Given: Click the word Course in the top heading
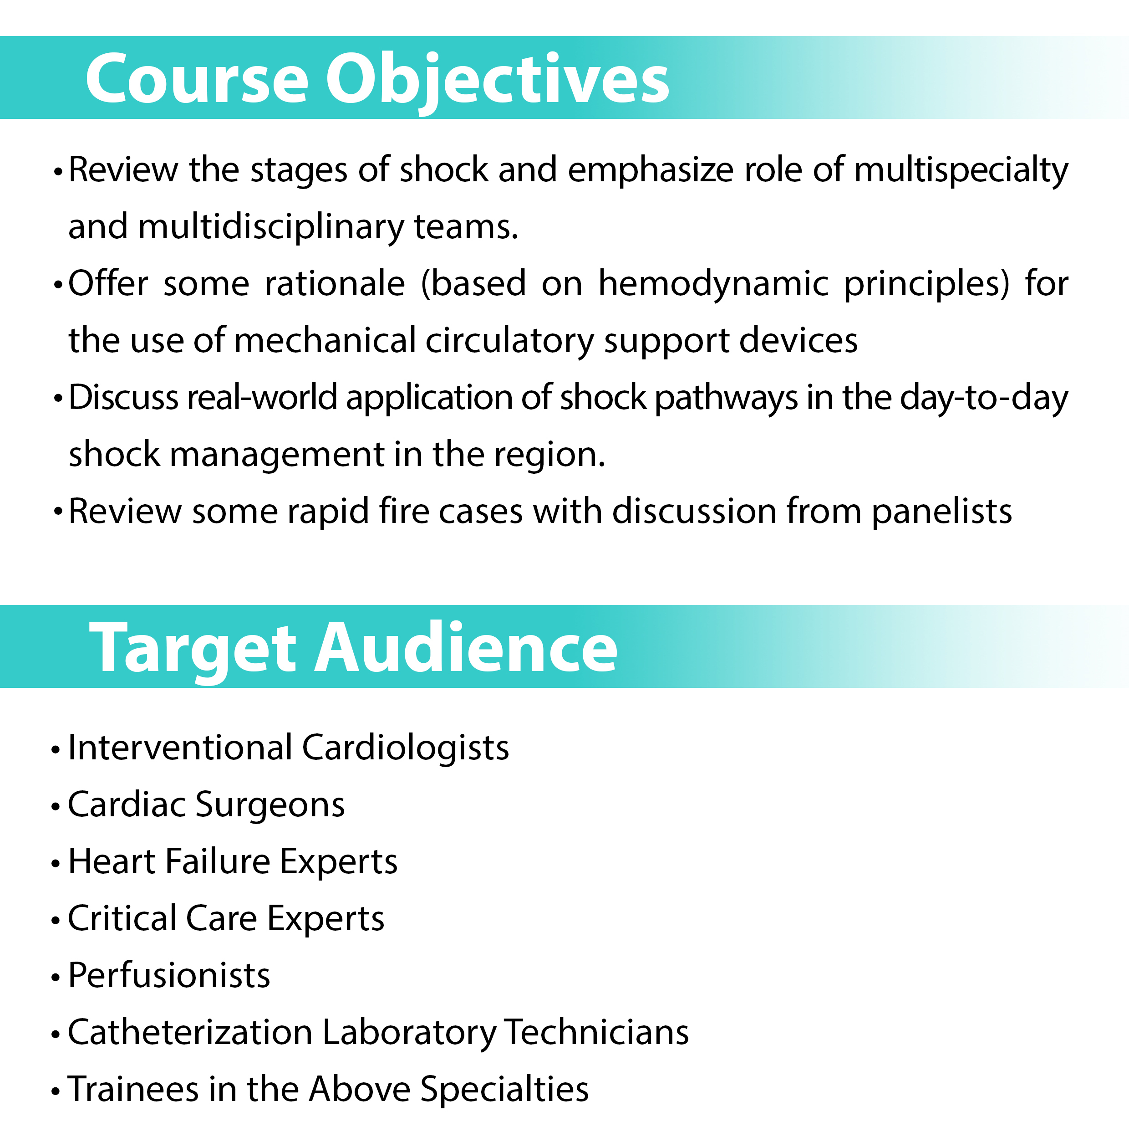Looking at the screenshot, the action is point(197,78).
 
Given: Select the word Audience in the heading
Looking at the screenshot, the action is point(466,647).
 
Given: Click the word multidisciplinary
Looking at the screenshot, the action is point(271,227).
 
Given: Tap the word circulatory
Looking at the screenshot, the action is point(509,341).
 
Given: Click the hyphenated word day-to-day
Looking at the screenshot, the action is point(984,399).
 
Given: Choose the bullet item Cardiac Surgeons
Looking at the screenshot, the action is point(206,804).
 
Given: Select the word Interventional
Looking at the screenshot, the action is point(180,748).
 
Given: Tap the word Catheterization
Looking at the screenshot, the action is point(190,1032).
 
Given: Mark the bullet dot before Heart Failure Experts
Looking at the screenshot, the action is point(56,863).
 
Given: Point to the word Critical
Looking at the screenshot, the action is point(122,918).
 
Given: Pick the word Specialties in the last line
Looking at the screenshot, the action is point(505,1090).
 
